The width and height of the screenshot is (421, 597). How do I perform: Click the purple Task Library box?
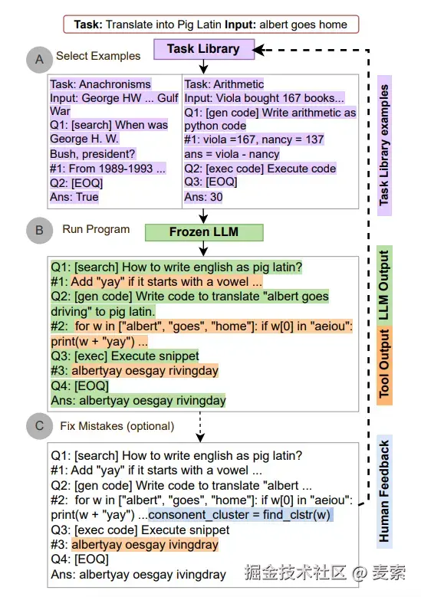pos(204,49)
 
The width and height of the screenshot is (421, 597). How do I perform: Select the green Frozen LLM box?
pos(204,232)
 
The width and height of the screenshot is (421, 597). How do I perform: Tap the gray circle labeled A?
pos(39,60)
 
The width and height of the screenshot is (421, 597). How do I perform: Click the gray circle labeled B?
pos(39,231)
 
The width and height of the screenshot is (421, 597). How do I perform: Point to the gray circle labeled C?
pos(39,426)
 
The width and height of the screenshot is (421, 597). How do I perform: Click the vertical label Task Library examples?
pos(384,146)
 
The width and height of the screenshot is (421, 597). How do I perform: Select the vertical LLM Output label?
pos(384,286)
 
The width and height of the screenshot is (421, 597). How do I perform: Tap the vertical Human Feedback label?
pos(384,491)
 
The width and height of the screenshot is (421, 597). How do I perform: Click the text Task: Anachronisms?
pos(100,84)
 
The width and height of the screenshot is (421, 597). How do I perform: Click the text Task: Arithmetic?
pos(224,84)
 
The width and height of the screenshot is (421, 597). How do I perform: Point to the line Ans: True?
pos(74,197)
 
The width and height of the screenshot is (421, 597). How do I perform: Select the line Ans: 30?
pos(203,197)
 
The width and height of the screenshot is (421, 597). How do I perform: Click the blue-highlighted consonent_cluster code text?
pos(240,515)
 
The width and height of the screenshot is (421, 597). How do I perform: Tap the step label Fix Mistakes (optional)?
pos(117,426)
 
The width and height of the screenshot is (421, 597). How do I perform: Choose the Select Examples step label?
pos(98,56)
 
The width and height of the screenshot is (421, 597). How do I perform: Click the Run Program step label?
pos(96,229)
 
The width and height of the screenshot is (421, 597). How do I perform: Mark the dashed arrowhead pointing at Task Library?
pos(258,50)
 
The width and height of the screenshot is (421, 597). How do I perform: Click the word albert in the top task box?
pos(272,25)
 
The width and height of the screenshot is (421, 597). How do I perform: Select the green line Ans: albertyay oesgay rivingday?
pos(138,401)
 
